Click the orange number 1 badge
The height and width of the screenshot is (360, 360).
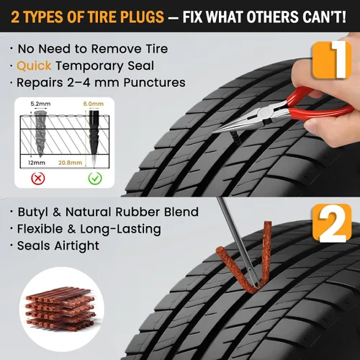point(332,60)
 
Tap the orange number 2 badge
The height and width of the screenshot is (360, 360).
point(332,223)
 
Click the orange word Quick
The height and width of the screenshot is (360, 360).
point(34,66)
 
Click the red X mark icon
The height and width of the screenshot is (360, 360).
point(38,179)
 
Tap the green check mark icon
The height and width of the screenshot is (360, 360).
point(95,179)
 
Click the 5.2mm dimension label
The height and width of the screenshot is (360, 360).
point(40,104)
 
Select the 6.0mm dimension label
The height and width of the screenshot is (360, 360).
point(94,104)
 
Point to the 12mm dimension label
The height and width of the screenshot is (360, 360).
point(37,163)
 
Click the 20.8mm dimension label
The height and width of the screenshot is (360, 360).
point(70,163)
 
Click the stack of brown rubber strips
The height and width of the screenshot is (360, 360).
point(60,309)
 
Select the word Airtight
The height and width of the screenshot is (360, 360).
point(77,246)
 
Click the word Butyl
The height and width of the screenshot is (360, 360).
point(33,212)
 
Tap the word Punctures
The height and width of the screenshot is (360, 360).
point(154,83)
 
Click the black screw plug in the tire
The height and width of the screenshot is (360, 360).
point(236,138)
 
